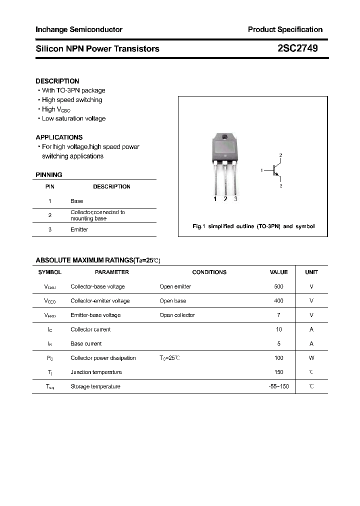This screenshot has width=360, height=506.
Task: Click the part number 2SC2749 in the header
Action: [296, 48]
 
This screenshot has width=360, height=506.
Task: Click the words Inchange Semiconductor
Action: [79, 29]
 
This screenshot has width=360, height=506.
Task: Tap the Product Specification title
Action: [285, 29]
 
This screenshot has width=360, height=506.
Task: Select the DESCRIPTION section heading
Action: [57, 81]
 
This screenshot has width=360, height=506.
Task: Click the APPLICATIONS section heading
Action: [59, 137]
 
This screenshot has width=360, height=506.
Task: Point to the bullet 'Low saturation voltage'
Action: [73, 118]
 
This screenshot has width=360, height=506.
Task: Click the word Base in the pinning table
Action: [77, 201]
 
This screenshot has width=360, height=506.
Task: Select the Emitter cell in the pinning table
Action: [79, 229]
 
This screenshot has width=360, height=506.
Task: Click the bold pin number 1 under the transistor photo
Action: [215, 199]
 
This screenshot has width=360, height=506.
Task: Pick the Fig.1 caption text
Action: [253, 226]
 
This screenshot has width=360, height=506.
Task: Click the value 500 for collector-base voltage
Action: [278, 286]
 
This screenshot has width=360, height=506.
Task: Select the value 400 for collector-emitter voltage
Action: [278, 301]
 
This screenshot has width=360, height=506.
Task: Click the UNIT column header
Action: [311, 272]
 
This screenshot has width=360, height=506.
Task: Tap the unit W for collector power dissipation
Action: [311, 358]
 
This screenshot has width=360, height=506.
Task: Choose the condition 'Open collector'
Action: [177, 315]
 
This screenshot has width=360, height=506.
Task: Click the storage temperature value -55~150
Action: [278, 386]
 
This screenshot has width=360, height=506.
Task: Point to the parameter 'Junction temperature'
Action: [96, 372]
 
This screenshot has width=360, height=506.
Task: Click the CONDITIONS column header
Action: [209, 272]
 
